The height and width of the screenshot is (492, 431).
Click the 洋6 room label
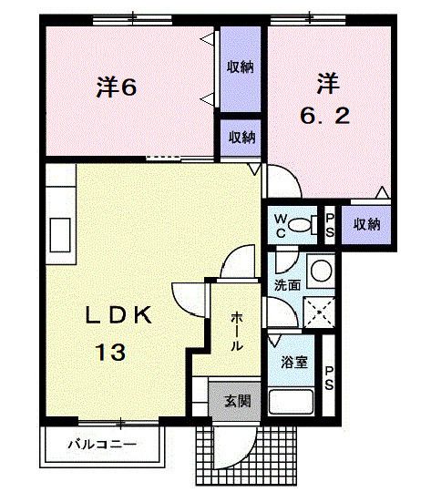tap(117, 88)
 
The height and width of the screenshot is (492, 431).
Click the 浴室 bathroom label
tap(293, 362)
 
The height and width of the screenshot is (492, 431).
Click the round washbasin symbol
tap(319, 269)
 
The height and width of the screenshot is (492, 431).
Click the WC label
tap(279, 223)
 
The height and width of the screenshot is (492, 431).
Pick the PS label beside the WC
tap(330, 223)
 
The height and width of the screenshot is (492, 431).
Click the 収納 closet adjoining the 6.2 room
tap(366, 224)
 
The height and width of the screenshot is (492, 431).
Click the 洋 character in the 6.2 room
tap(326, 84)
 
